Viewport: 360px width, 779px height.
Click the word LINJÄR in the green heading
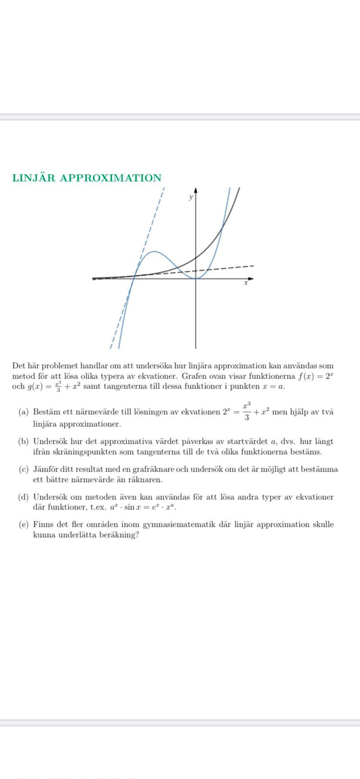pos(34,178)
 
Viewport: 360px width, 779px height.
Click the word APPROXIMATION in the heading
pos(111,178)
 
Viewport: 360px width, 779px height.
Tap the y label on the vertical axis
pos(191,197)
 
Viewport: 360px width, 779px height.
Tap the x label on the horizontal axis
pos(246,283)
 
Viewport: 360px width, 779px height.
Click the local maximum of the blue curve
pos(154,252)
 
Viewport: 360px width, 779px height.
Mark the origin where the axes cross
pos(196,279)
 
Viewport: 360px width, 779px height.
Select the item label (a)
pos(23,412)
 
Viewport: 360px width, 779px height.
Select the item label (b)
pos(23,441)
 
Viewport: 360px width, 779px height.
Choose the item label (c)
pos(23,469)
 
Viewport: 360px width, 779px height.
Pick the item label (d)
pos(23,497)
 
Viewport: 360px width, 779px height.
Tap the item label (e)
pos(23,525)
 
